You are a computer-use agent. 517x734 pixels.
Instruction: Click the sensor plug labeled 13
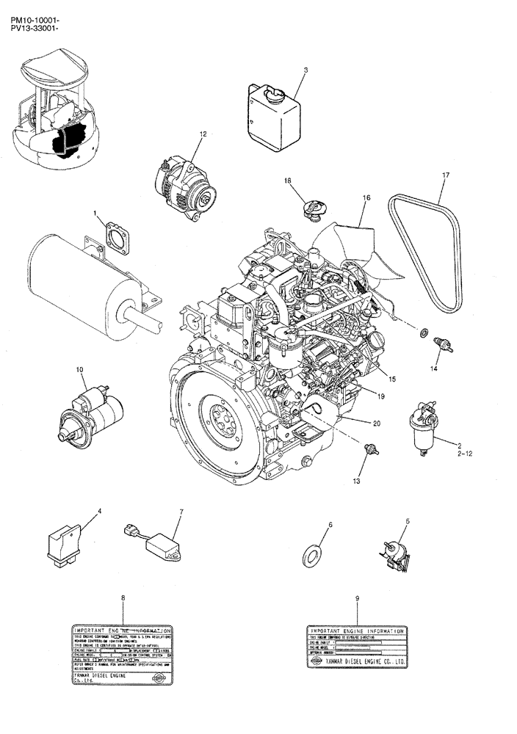coord(371,448)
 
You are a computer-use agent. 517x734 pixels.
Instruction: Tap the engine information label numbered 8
coord(123,655)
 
